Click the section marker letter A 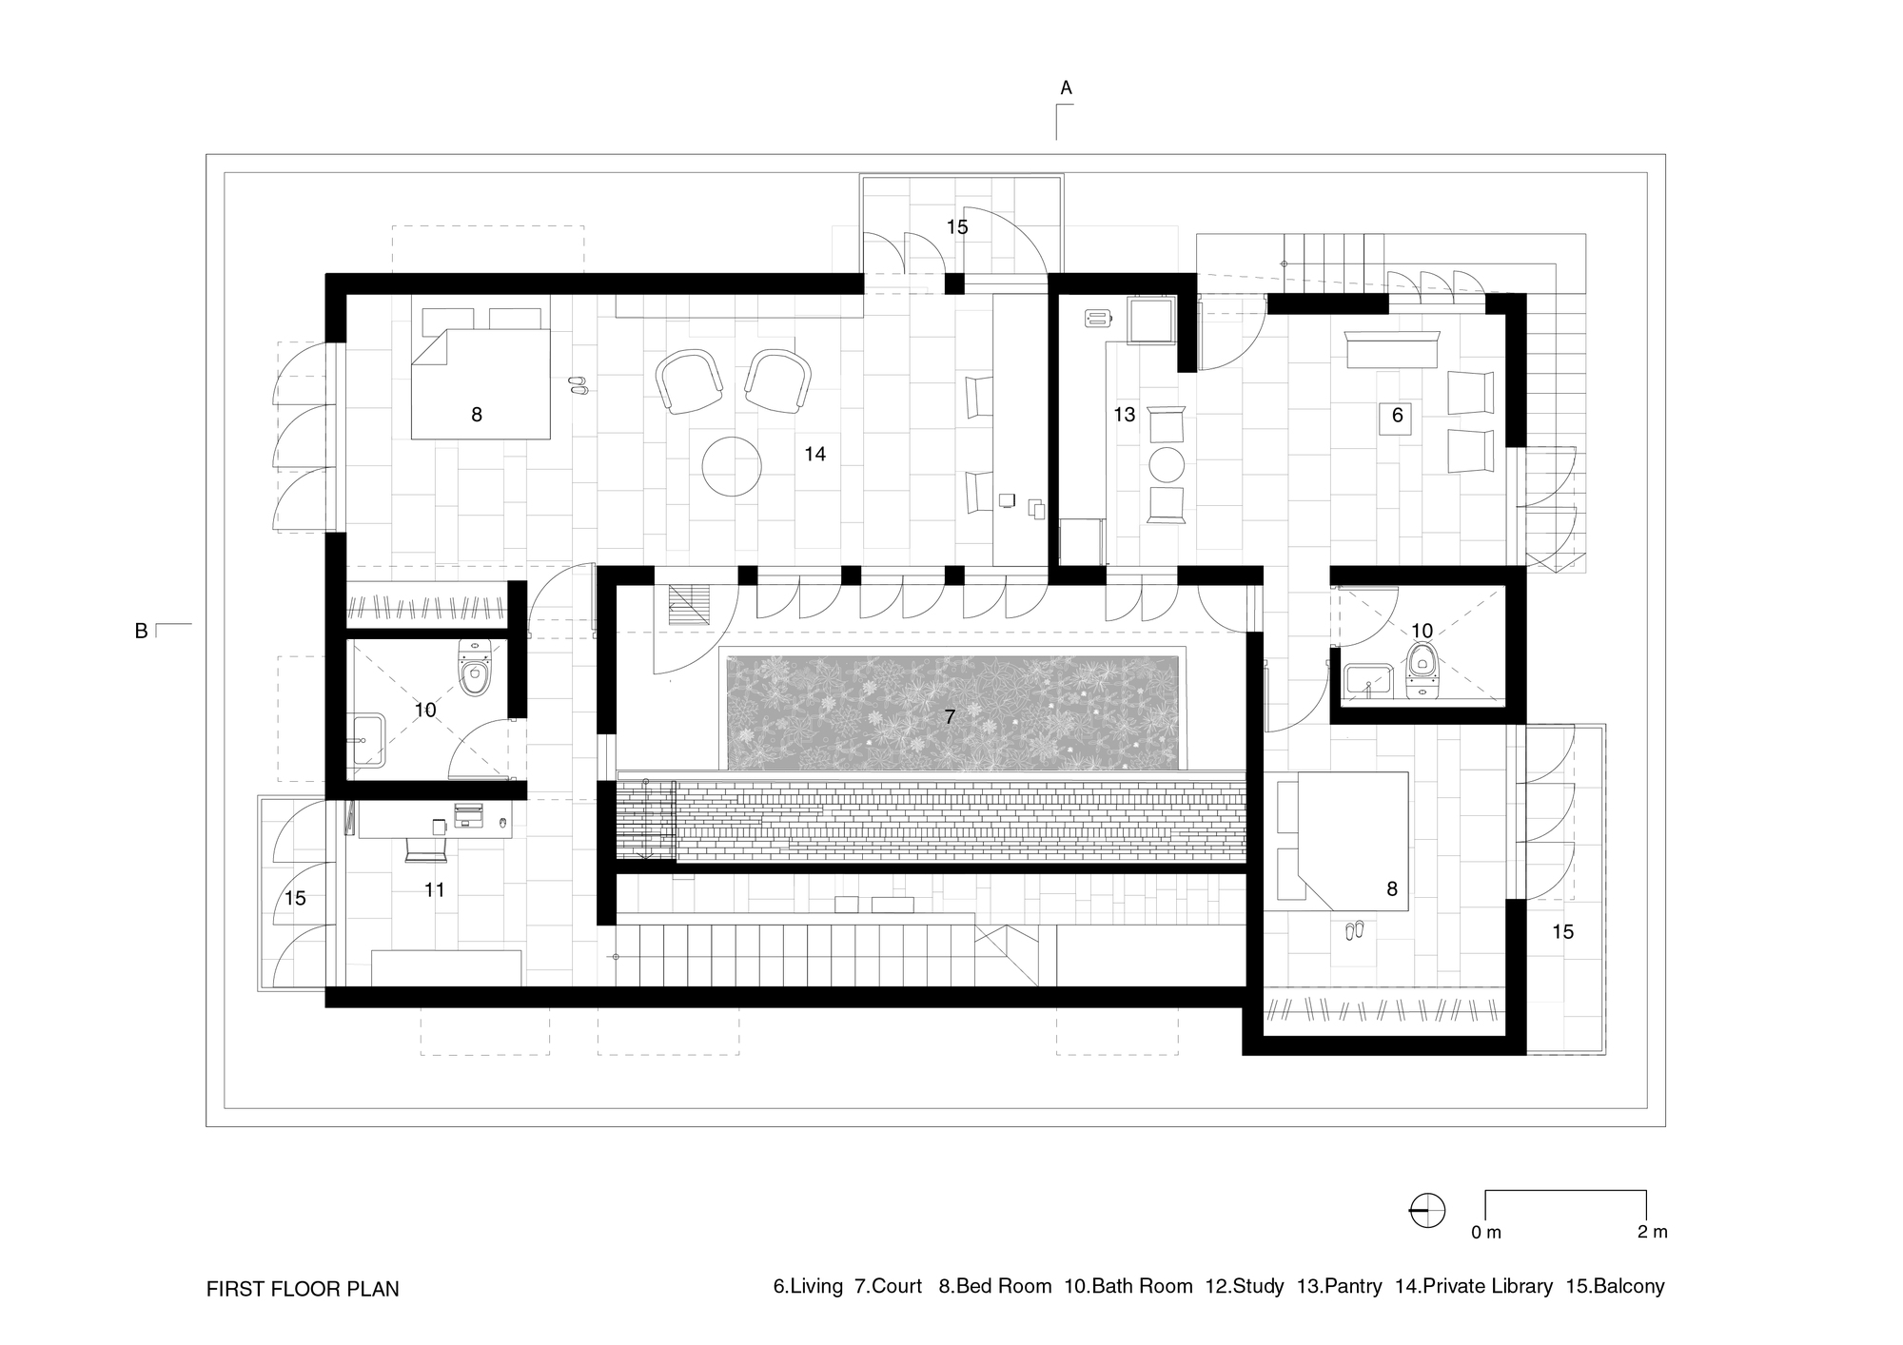click(x=1066, y=88)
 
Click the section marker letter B click(x=141, y=631)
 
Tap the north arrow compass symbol click(x=1426, y=1211)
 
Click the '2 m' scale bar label click(x=1652, y=1232)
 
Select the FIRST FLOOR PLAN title click(x=303, y=1289)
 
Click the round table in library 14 click(x=732, y=465)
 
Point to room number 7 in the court click(x=950, y=717)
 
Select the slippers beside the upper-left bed click(x=578, y=385)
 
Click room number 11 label click(x=435, y=889)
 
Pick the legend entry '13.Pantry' click(x=1339, y=1286)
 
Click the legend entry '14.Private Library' click(x=1473, y=1286)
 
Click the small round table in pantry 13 click(x=1167, y=465)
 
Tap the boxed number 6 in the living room click(x=1396, y=416)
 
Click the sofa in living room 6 click(x=1392, y=349)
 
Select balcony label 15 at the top click(x=956, y=226)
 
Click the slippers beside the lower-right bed click(x=1354, y=929)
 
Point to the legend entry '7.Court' click(x=888, y=1286)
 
